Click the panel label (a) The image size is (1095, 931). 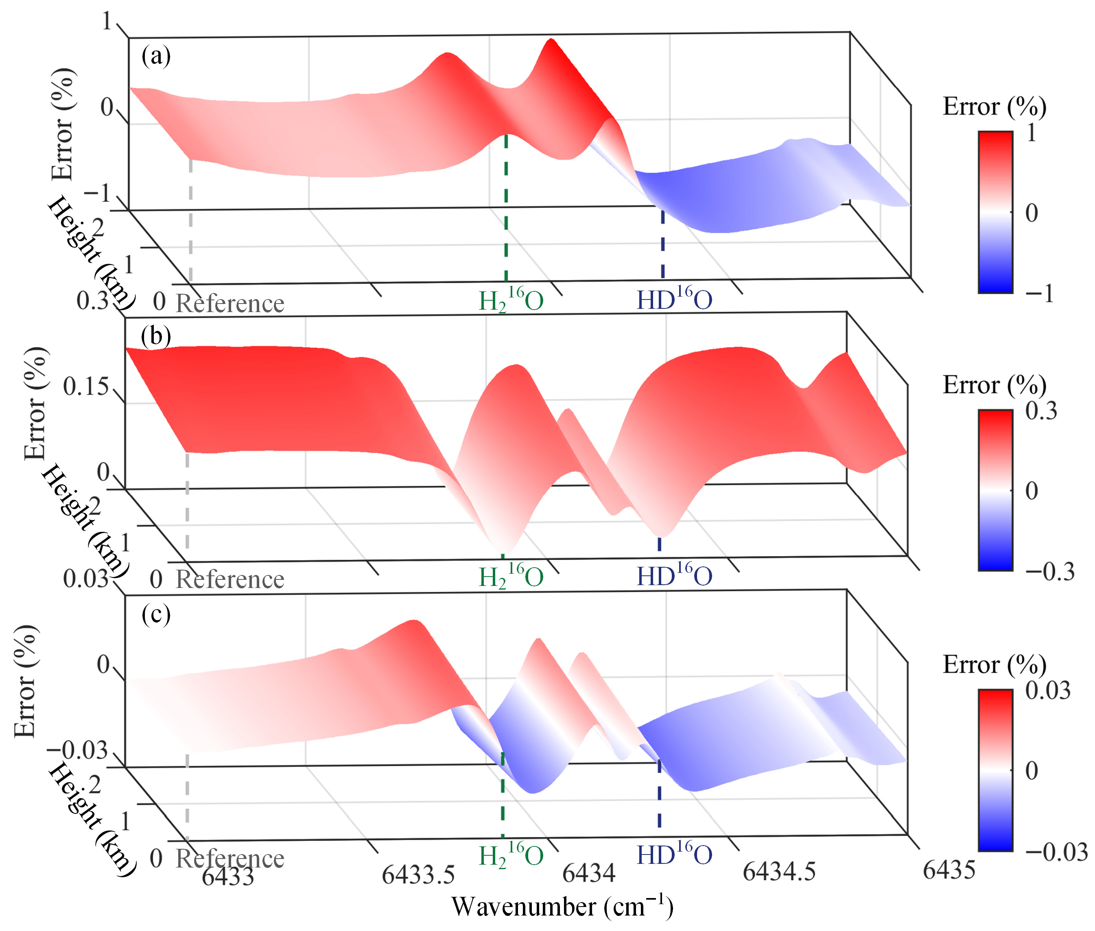tap(156, 56)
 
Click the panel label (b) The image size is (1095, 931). tap(156, 336)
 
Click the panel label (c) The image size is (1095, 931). tap(156, 614)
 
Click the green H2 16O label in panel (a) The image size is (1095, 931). tap(510, 300)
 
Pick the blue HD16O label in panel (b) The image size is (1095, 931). tap(674, 576)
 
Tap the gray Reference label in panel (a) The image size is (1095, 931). tap(229, 304)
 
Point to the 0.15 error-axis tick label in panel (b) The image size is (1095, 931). tap(85, 387)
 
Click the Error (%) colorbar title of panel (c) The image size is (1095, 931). tap(994, 664)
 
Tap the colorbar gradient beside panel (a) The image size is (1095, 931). tap(995, 212)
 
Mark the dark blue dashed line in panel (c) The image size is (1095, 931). tap(659, 797)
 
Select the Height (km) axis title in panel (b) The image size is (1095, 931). tap(84, 520)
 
